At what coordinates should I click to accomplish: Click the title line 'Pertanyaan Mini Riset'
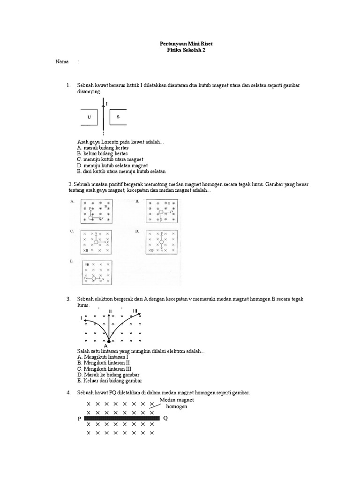point(180,44)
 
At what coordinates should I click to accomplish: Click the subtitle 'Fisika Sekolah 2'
point(180,50)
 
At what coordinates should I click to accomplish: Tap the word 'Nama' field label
point(62,62)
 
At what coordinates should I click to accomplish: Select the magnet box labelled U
point(89,117)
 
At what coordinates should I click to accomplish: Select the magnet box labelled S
point(119,117)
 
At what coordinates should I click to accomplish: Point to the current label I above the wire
point(107,103)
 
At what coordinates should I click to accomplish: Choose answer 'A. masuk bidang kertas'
point(103,148)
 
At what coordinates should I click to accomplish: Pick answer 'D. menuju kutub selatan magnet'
point(112,165)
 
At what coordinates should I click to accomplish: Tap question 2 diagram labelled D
point(162,242)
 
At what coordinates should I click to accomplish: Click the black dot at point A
point(109,341)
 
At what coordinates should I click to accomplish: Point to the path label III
point(135,311)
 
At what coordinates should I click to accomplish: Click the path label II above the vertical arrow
point(110,311)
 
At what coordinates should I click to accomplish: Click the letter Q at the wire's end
point(165,419)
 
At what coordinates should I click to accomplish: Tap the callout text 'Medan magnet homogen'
point(176,403)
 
